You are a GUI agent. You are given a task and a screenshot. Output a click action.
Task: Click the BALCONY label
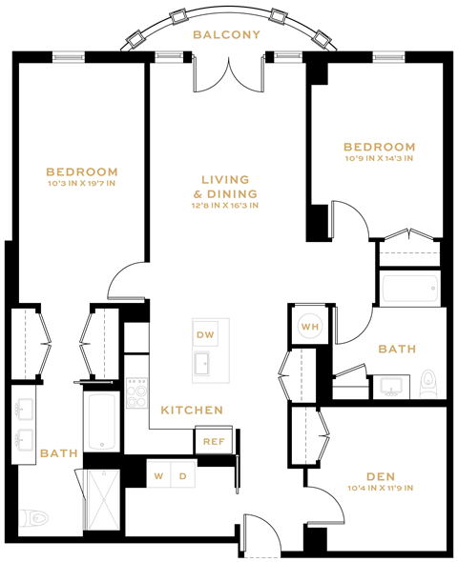[226, 35]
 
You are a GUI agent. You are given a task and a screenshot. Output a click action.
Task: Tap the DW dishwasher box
[205, 335]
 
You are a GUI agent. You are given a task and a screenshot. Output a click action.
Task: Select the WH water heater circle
[310, 326]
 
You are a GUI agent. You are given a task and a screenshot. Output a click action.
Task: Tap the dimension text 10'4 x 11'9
[380, 490]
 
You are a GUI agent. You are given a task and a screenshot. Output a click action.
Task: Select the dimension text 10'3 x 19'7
[81, 184]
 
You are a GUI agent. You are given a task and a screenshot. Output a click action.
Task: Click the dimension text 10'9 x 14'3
[379, 159]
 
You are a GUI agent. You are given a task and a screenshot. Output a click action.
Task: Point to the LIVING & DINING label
[225, 186]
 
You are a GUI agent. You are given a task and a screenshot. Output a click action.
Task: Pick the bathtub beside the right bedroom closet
[410, 288]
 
